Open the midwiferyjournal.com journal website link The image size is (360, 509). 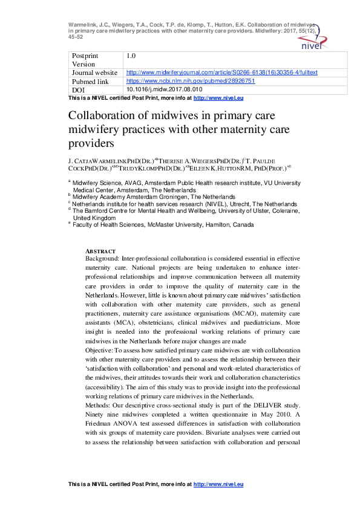coord(221,73)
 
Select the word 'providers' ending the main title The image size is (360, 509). coord(105,144)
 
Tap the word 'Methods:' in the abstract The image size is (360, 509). coord(99,403)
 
